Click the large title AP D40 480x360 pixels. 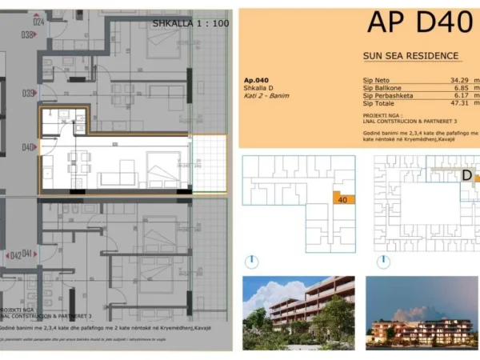pyautogui.click(x=419, y=22)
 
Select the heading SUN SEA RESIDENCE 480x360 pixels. pyautogui.click(x=410, y=56)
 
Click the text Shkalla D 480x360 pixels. pyautogui.click(x=258, y=88)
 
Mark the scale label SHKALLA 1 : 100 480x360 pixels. pyautogui.click(x=190, y=24)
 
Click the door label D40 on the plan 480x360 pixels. pyautogui.click(x=28, y=147)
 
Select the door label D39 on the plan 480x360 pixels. pyautogui.click(x=28, y=94)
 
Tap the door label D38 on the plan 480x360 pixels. pyautogui.click(x=28, y=34)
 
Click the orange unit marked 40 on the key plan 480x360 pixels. pyautogui.click(x=342, y=200)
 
